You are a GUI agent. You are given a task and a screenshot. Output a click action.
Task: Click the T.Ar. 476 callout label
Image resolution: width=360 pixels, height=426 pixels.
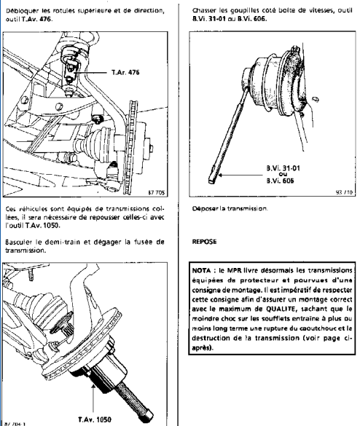coord(125,72)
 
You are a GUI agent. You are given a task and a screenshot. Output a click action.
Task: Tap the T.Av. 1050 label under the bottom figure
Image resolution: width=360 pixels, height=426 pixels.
coord(95,419)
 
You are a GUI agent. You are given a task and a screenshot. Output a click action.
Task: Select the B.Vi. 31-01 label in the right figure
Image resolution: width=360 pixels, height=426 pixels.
coord(283,168)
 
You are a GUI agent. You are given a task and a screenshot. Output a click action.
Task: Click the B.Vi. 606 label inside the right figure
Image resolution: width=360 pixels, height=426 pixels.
coord(281,181)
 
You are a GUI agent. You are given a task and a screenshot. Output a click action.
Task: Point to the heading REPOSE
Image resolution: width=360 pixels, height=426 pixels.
coord(204,242)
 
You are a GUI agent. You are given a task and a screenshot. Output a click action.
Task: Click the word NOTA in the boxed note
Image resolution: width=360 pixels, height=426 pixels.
coord(201,271)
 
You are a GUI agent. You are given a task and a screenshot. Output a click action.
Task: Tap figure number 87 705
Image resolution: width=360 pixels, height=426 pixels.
coord(157,192)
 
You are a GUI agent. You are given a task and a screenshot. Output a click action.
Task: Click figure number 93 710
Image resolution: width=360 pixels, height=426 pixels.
coord(344,192)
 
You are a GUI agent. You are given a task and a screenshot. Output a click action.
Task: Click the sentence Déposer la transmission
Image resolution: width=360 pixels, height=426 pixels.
coord(230,208)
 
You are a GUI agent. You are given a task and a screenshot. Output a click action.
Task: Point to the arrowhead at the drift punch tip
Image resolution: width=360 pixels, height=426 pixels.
coord(220,175)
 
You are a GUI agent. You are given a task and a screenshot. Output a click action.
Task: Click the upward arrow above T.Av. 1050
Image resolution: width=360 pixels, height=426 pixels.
coord(93,398)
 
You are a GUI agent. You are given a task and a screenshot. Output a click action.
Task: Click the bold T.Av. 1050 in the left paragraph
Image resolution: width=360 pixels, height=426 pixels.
coord(43,226)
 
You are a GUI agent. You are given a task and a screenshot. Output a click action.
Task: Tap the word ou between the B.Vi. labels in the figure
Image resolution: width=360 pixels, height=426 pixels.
coord(283,175)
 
